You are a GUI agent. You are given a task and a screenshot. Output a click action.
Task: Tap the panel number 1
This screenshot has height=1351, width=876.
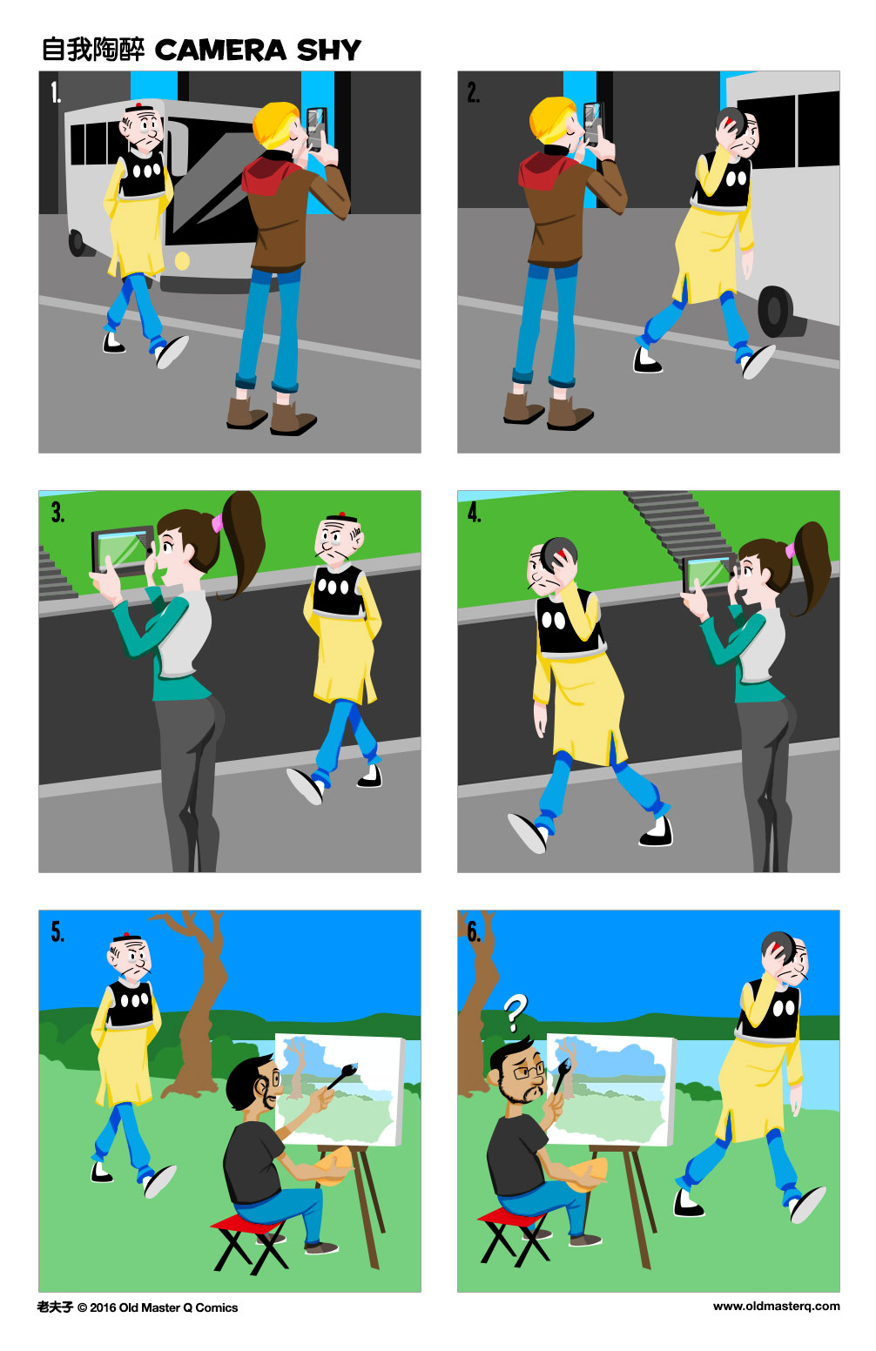coord(56,92)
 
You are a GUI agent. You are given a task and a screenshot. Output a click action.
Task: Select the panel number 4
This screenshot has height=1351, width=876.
coord(474,513)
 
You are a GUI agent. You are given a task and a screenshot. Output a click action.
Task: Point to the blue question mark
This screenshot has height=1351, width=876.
coord(515,1013)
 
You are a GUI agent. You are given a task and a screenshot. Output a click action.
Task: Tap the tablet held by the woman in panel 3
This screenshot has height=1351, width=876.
coord(124,550)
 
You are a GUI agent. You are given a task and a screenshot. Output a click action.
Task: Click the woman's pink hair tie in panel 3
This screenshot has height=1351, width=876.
coord(217,522)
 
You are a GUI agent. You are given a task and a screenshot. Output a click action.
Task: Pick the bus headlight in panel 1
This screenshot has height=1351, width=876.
coord(182,260)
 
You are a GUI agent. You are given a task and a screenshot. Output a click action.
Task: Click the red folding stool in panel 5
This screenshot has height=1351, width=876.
coord(247,1224)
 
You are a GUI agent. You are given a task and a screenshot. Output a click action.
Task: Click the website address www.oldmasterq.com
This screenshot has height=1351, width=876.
coord(776,1306)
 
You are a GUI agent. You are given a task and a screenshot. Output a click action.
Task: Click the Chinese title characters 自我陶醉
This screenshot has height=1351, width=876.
coord(93,50)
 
